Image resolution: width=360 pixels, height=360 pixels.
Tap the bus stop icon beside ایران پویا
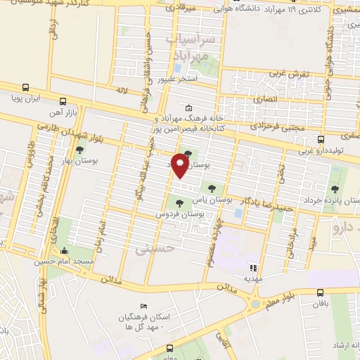tap(26, 88)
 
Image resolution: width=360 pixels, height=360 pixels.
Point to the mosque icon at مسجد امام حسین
tap(65, 250)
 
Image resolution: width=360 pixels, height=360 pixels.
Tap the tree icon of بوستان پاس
tap(211, 187)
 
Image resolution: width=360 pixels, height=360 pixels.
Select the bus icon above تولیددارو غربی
tap(321, 139)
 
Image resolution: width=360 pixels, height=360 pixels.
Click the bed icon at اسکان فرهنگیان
tap(144, 307)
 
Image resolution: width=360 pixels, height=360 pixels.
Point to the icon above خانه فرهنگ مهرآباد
tap(188, 108)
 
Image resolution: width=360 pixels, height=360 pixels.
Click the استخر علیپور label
tap(176, 80)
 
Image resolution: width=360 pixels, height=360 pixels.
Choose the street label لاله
tap(122, 90)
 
